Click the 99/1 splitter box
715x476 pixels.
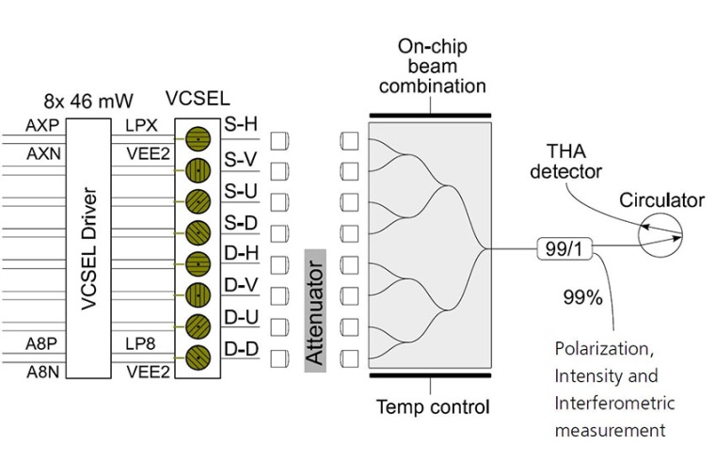(x=563, y=249)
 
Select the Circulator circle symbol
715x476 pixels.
(x=662, y=232)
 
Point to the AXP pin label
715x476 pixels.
(x=40, y=124)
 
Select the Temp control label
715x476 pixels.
(x=433, y=407)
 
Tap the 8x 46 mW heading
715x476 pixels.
(x=90, y=100)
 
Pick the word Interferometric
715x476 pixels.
(x=614, y=403)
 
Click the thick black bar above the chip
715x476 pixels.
(x=430, y=115)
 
